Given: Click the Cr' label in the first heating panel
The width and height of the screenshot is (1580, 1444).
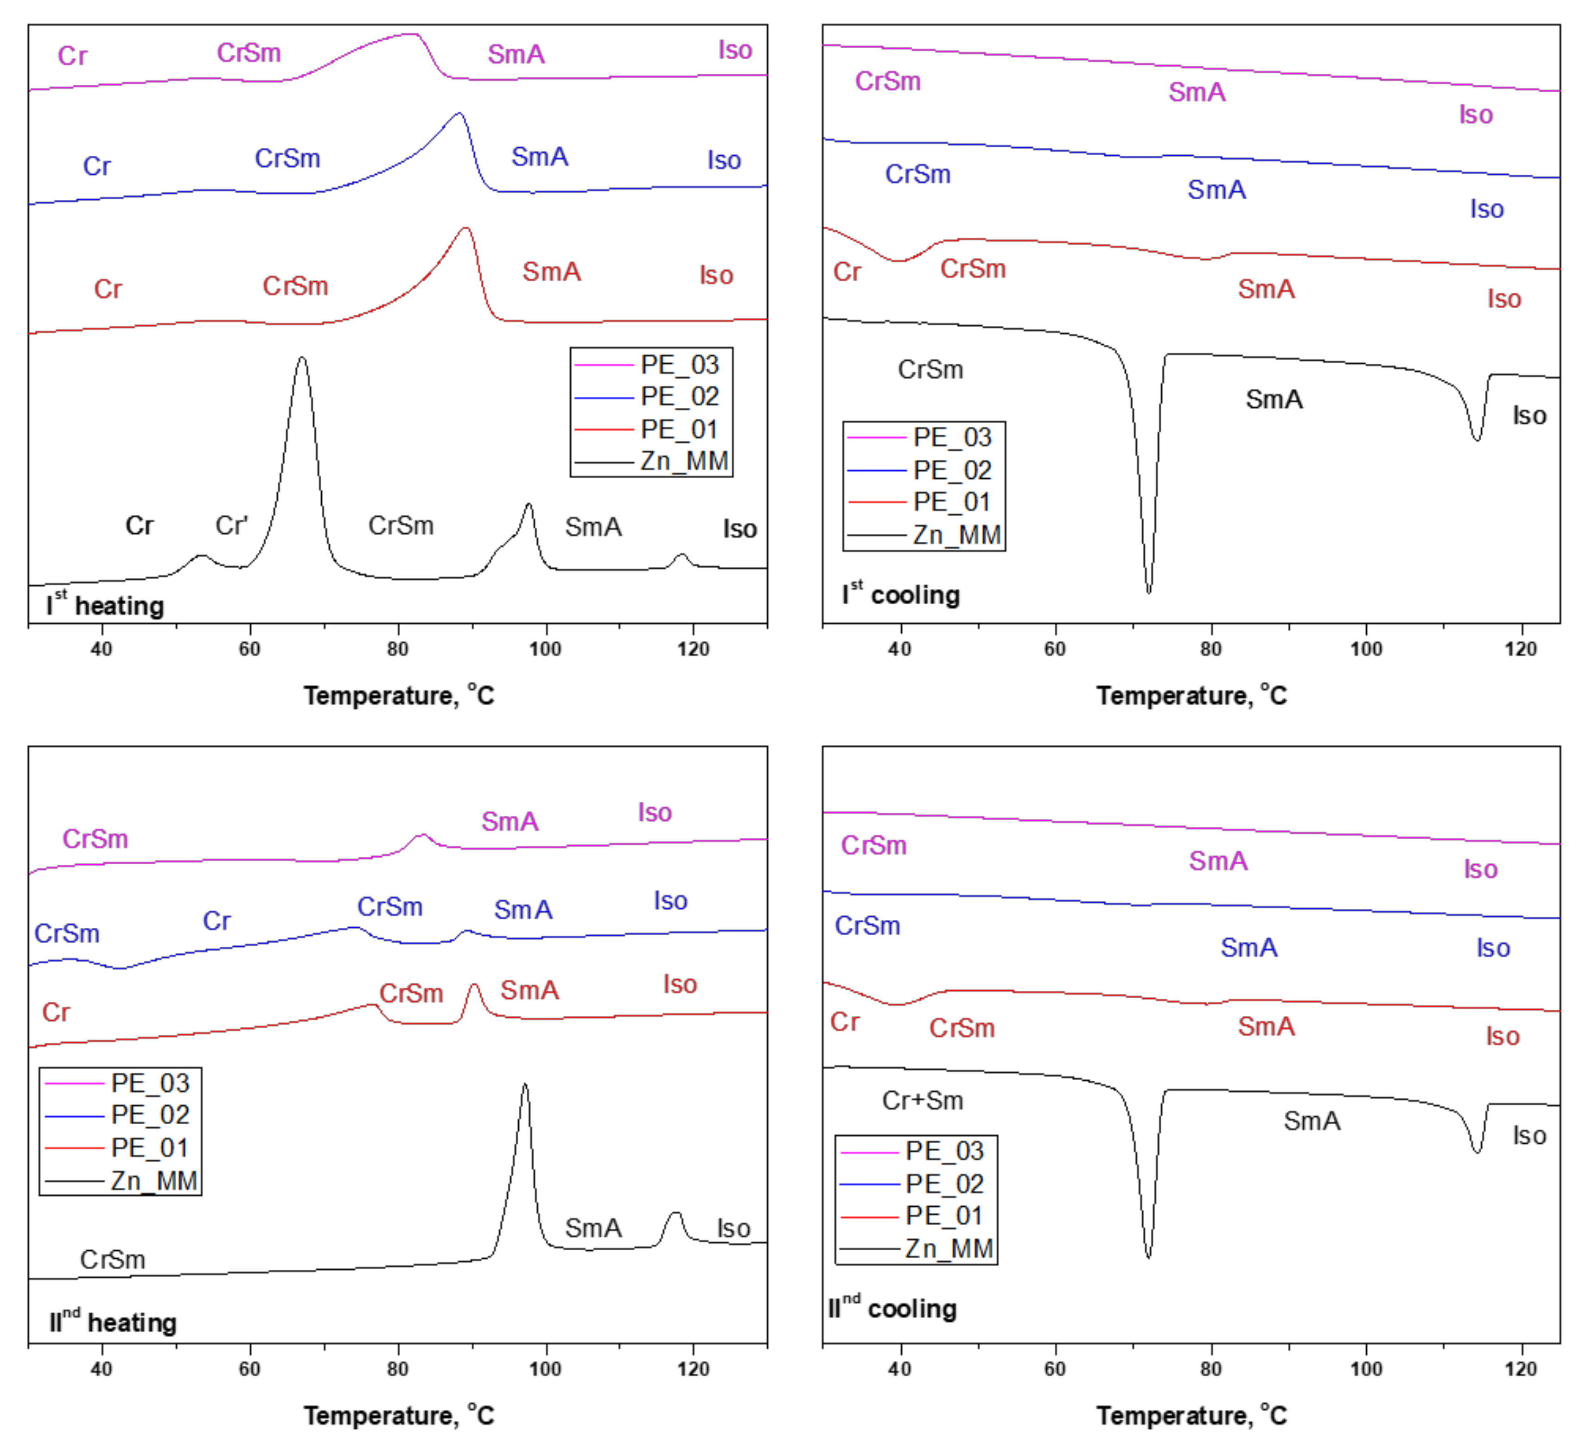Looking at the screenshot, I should (232, 525).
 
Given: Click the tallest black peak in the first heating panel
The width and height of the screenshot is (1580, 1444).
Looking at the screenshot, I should (302, 359).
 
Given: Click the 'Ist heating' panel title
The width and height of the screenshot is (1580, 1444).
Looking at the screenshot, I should (105, 605).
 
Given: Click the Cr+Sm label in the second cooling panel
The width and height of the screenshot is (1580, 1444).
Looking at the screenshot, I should (923, 1100).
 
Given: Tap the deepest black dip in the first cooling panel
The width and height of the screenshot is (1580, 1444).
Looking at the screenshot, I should (1149, 591).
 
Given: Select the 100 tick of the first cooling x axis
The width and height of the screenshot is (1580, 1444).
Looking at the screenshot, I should (1366, 649).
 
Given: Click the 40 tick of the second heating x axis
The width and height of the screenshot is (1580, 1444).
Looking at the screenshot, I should (101, 1369).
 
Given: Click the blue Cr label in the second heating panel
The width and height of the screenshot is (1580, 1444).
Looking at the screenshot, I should (217, 921).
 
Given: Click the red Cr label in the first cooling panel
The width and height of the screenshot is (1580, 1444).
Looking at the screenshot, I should (847, 272).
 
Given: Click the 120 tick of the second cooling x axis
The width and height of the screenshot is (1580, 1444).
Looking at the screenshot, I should (1521, 1369).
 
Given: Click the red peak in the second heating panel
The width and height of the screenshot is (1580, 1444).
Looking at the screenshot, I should (473, 986).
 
